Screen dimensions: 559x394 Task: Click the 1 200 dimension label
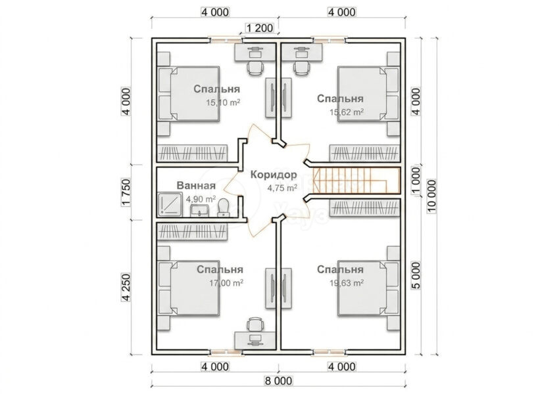coord(260,28)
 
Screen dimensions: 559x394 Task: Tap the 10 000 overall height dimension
coord(431,196)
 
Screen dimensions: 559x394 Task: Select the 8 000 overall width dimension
coord(278,381)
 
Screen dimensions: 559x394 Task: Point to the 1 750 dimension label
coord(126,192)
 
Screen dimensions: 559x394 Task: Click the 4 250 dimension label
coord(126,288)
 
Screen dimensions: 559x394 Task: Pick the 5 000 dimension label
coord(416,275)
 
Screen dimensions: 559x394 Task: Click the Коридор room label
coord(274,175)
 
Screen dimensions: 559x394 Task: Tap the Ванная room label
coord(196,186)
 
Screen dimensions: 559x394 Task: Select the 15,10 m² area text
coord(223,103)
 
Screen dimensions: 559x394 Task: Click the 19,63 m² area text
coord(347,283)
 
